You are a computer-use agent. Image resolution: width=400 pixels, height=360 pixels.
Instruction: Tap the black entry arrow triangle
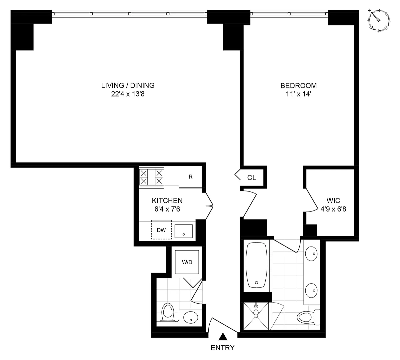pos(223,336)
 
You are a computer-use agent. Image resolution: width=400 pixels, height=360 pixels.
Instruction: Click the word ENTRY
pos(223,348)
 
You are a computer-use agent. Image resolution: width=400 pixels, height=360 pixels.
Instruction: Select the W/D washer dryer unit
pos(187,262)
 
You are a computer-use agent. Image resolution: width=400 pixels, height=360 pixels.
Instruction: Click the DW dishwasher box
pos(161,230)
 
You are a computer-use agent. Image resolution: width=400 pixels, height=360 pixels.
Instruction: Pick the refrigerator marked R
pos(191,177)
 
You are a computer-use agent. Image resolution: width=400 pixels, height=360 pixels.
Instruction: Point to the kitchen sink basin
pos(183,231)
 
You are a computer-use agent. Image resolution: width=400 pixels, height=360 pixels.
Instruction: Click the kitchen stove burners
pos(151,177)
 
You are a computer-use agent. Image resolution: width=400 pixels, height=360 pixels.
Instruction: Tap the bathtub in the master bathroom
pos(256,265)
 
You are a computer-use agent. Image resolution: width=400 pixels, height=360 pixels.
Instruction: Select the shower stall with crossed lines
pos(256,316)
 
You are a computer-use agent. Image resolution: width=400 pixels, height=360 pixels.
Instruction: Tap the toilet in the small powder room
pos(167,313)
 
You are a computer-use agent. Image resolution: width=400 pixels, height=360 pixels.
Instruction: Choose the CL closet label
pos(251,178)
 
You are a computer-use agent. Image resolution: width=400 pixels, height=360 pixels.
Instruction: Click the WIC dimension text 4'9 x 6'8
pos(333,209)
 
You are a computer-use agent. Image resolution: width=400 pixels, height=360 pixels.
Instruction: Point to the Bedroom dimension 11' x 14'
pos(299,94)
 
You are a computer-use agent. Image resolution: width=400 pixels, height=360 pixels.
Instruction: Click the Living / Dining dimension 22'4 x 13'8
pos(128,94)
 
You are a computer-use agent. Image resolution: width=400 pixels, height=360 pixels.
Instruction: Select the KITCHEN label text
pos(167,201)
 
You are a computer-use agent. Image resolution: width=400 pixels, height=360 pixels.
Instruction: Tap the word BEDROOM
pos(299,86)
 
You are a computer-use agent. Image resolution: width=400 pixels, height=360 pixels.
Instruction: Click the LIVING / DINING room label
pos(128,85)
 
